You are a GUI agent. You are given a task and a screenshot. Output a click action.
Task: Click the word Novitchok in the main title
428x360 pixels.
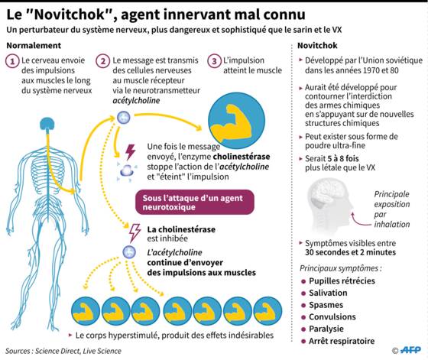70,15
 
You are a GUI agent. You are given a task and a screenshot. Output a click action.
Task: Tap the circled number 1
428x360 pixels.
12,61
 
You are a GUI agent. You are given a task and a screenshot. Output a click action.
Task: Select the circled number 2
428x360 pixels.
103,61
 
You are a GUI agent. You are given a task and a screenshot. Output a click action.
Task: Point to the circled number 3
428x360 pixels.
214,61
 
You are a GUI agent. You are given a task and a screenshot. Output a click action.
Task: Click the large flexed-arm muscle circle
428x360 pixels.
236,120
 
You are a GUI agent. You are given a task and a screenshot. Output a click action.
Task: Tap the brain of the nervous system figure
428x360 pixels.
47,124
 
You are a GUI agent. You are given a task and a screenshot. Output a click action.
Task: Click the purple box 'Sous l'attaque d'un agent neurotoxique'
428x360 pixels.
195,203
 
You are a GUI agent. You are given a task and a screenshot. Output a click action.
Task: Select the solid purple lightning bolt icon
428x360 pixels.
130,152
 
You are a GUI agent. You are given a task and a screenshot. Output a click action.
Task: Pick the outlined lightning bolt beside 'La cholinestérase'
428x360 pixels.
135,233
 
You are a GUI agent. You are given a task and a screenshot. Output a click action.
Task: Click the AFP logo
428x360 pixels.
411,350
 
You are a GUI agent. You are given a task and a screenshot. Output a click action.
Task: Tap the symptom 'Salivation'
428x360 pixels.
328,293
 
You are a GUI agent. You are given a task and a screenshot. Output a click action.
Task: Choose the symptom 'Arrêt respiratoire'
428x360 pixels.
342,341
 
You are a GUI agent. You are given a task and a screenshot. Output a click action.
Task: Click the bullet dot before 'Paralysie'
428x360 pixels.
303,329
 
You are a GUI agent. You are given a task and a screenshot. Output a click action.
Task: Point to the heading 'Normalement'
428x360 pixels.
34,45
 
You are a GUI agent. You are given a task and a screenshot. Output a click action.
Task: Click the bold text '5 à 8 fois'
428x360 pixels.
343,158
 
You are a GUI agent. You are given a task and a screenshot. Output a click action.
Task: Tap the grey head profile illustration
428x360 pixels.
329,204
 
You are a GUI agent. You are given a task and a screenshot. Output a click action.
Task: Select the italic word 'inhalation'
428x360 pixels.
392,225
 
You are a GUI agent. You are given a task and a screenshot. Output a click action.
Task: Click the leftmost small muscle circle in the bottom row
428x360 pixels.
86,311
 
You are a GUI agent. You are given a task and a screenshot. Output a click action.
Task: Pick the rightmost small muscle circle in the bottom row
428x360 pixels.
267,311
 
